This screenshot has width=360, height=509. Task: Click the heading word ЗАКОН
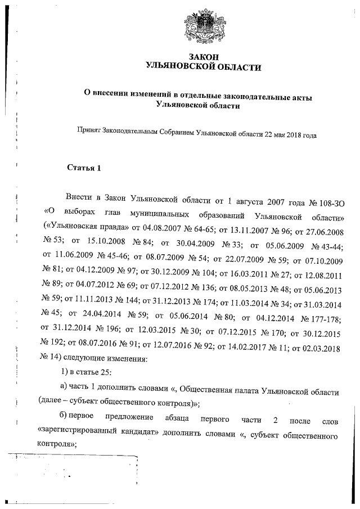point(204,57)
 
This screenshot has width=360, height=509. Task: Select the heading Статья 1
point(84,167)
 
